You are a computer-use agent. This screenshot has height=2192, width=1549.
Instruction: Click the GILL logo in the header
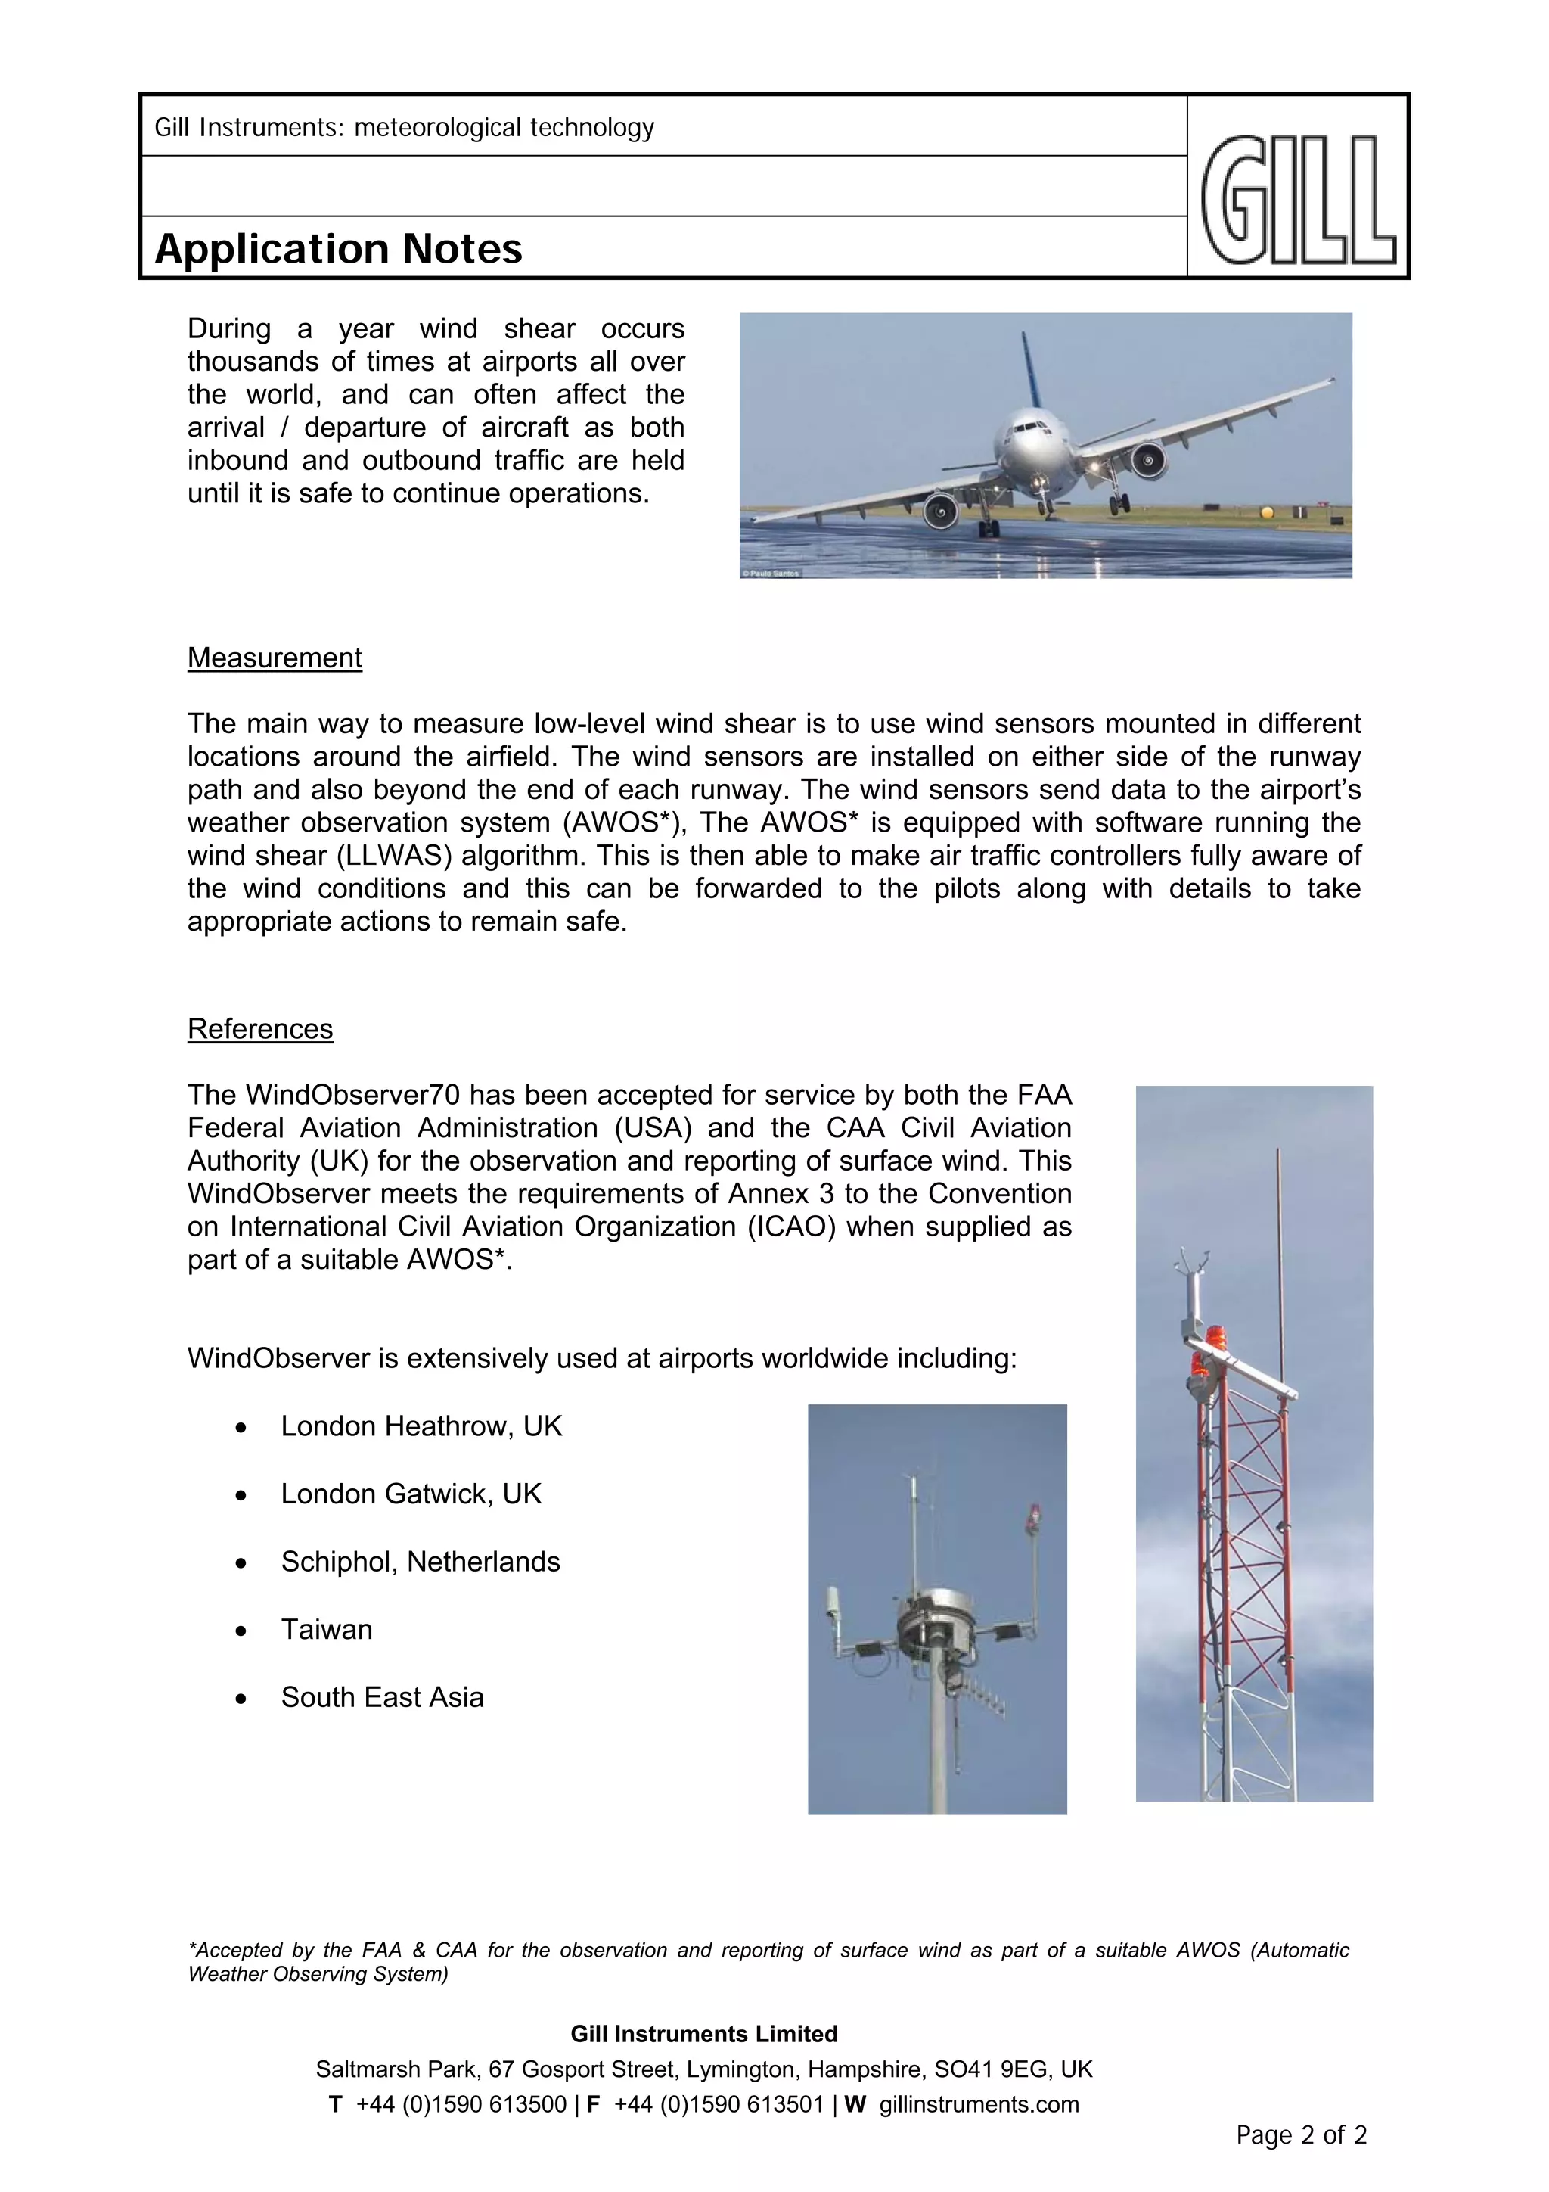1298,200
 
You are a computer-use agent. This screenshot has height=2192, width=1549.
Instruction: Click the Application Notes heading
338,249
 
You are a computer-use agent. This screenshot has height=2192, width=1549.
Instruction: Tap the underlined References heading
260,1029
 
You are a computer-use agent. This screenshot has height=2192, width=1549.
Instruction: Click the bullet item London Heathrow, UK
421,1426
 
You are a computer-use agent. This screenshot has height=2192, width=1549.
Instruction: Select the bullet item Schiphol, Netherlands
420,1562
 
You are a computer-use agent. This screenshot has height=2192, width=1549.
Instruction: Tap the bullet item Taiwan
327,1630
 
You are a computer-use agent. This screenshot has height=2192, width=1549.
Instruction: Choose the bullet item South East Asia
382,1697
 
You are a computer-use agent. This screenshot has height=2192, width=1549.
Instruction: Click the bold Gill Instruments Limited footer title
704,2035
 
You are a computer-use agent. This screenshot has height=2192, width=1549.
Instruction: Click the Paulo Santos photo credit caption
771,573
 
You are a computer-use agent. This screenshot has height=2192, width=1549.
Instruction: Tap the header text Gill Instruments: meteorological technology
405,128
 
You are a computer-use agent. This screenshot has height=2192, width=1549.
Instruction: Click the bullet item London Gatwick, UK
411,1494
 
